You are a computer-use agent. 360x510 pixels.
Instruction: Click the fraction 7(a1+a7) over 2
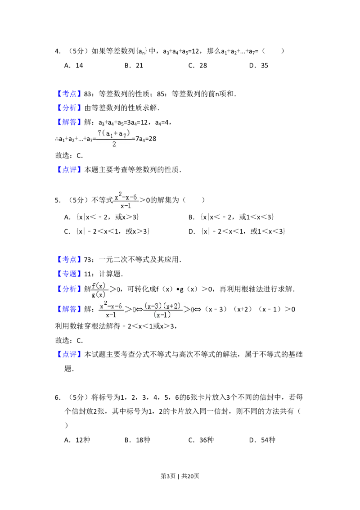pyautogui.click(x=113, y=139)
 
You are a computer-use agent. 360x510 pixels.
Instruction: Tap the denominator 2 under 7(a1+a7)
pyautogui.click(x=114, y=145)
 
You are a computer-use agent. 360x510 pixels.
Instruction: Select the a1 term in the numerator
pyautogui.click(x=109, y=134)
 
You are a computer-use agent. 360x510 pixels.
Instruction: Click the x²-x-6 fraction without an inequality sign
pyautogui.click(x=126, y=200)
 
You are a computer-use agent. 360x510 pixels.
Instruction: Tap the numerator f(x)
pyautogui.click(x=98, y=285)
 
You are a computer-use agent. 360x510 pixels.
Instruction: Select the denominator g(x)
pyautogui.click(x=98, y=294)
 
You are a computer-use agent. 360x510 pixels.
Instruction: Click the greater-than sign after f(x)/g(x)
pyautogui.click(x=112, y=290)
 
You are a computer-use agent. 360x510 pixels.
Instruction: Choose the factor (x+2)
pyautogui.click(x=171, y=306)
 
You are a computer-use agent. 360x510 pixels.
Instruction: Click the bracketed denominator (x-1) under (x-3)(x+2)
pyautogui.click(x=162, y=315)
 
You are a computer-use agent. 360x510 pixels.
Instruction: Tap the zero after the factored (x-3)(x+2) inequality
pyautogui.click(x=192, y=310)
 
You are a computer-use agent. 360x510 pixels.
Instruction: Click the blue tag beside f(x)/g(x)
pyautogui.click(x=70, y=289)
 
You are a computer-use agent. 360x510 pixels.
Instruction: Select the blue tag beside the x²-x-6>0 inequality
pyautogui.click(x=70, y=309)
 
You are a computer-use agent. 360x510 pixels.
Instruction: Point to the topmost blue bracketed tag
pyautogui.click(x=70, y=94)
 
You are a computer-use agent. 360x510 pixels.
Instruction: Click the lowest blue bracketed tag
pyautogui.click(x=70, y=355)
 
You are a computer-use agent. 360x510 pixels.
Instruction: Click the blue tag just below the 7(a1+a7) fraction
pyautogui.click(x=70, y=169)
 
